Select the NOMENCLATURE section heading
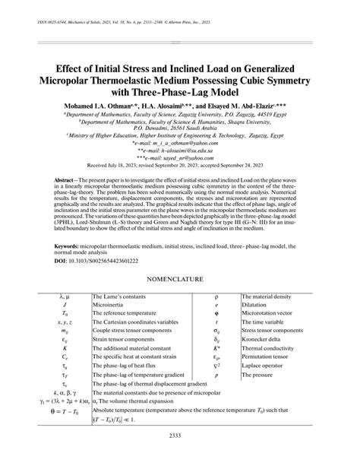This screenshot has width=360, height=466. tap(179, 278)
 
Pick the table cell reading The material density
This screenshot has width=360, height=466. tap(269, 294)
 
